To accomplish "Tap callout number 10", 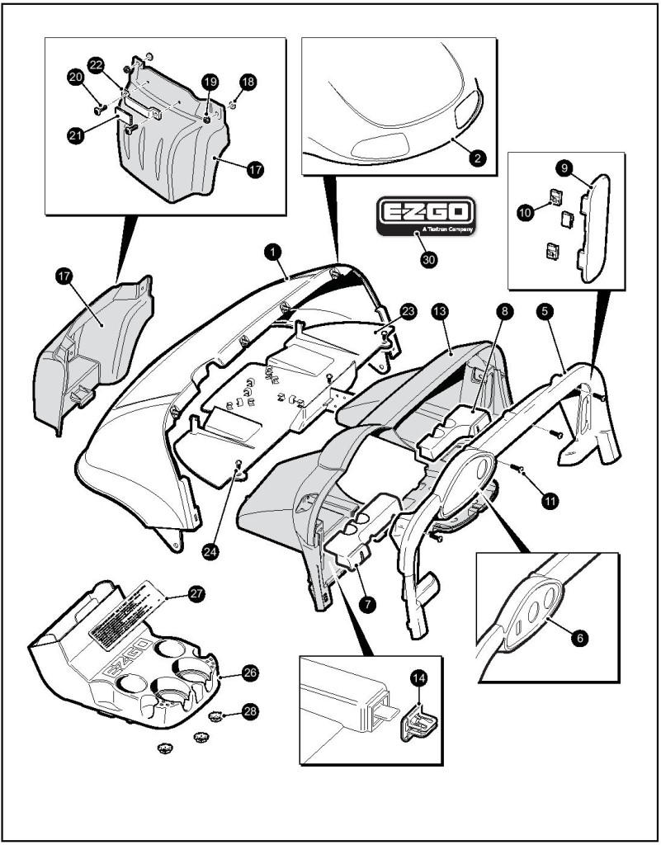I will [526, 212].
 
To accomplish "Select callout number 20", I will [75, 77].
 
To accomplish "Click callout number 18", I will [248, 82].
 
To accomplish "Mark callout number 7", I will [368, 603].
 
